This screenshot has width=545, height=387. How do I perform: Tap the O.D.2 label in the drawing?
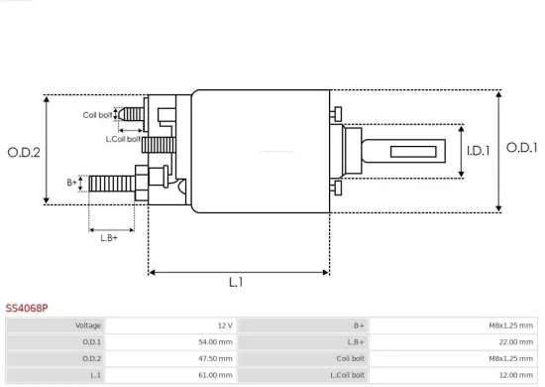tap(23, 152)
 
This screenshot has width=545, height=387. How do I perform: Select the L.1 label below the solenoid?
tap(237, 283)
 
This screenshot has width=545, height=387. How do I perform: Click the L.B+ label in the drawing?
tap(109, 236)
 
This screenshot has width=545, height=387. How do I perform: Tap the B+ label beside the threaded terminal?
tap(72, 183)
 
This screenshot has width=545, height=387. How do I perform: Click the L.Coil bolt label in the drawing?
tap(123, 138)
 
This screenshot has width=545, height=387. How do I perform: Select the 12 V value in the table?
tap(224, 325)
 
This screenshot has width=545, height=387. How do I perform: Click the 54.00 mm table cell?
tap(215, 341)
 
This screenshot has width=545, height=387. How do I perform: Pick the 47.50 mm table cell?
tap(215, 358)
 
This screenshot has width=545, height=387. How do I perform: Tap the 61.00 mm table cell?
tap(215, 375)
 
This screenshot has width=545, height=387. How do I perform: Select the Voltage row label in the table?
tap(88, 325)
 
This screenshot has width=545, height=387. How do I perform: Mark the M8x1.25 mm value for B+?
tap(511, 325)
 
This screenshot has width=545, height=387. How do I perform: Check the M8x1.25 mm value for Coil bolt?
tap(511, 358)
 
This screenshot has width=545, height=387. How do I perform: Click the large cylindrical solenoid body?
tap(260, 151)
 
